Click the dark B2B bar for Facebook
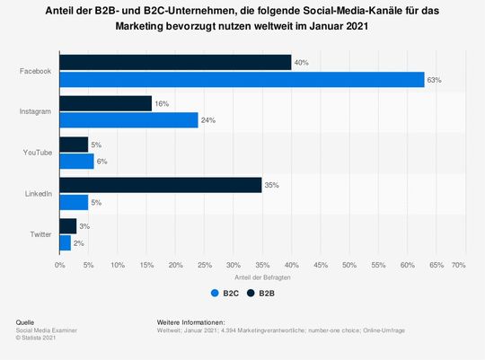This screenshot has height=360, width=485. tap(175, 62)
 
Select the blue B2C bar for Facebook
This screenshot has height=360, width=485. tap(242, 80)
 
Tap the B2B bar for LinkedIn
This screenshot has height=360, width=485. tap(160, 185)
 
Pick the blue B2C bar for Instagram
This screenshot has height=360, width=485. tap(128, 121)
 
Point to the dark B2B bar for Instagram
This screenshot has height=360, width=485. tap(105, 103)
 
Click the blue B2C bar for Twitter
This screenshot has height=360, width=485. tap(65, 242)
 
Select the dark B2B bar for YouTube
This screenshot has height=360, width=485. tap(74, 144)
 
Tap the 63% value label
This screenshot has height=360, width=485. tap(435, 80)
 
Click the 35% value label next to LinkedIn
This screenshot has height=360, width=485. tap(272, 185)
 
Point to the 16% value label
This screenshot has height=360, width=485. tap(162, 103)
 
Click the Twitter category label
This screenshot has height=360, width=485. tap(40, 234)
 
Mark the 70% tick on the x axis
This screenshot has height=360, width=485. tap(458, 266)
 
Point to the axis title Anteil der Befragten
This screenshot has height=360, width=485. tap(259, 277)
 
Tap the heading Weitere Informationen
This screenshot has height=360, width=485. tap(190, 321)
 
